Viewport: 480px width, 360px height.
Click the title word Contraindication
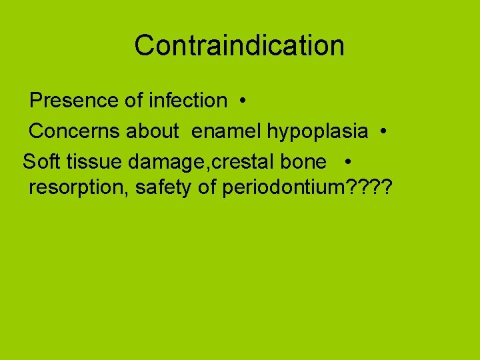point(239,45)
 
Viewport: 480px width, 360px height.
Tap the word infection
point(188,101)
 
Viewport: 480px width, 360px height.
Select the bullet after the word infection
point(245,101)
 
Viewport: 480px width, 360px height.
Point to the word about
point(152,131)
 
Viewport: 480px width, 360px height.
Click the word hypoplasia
point(317,132)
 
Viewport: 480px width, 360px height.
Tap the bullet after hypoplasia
point(385,132)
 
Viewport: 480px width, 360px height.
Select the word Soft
point(43,162)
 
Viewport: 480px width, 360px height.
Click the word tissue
point(91,162)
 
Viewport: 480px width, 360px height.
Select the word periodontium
point(281,188)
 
